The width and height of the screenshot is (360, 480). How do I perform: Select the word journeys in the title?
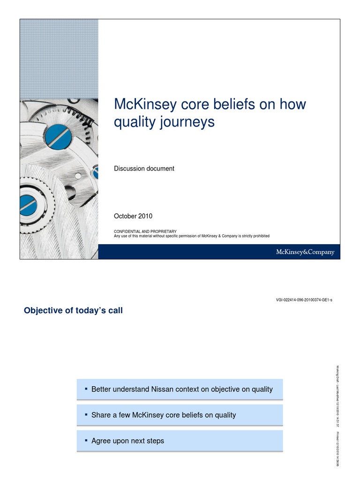coord(189,122)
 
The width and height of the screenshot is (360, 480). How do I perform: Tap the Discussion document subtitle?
coord(144,168)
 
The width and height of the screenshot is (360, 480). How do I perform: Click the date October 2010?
coord(133,216)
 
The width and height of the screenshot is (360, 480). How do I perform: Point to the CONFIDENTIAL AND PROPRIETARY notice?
coord(145,232)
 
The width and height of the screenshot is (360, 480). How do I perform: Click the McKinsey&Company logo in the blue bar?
coord(304,252)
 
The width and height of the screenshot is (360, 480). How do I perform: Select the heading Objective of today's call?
coord(73,310)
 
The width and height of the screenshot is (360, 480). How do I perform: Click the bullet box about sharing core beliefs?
coord(180,415)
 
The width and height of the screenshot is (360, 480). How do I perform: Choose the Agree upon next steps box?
coord(180,441)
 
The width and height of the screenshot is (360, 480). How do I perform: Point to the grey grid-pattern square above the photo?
coord(59,59)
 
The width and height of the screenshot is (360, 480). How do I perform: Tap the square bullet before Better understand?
coord(86,389)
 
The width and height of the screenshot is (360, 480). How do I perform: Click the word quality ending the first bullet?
coord(261,389)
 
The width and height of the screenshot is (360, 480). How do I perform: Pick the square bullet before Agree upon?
coord(86,440)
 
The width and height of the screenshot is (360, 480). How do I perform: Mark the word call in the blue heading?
coord(115,310)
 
